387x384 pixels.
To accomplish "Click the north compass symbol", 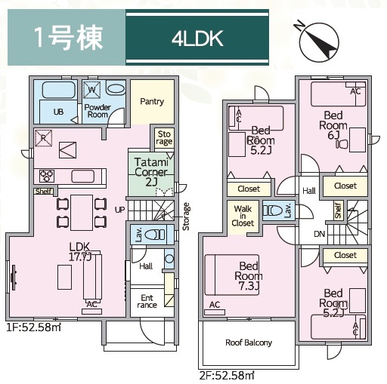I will [318, 41].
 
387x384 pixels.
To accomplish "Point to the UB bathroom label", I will [57, 112].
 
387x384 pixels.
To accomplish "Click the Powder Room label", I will [98, 111].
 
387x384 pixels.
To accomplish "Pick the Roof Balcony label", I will [249, 342].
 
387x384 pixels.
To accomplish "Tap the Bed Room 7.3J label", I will [249, 275].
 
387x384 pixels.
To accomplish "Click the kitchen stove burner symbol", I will [46, 176].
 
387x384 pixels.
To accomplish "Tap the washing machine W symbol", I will [91, 90].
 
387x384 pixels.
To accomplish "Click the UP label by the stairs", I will [119, 208].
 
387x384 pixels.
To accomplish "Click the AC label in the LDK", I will [91, 304].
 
